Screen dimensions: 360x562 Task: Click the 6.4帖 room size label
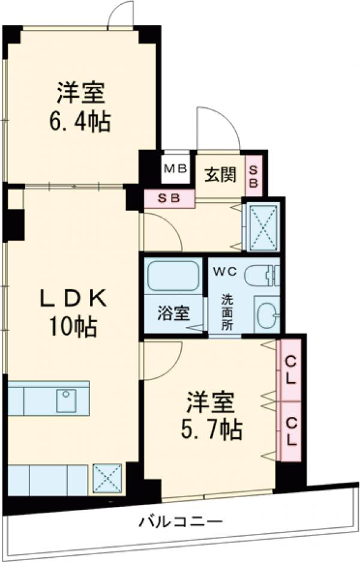click(80, 122)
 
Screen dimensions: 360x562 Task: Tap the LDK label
click(73, 299)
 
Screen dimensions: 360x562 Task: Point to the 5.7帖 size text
click(211, 429)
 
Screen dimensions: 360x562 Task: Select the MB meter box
click(175, 169)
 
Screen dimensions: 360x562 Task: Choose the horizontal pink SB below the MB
click(169, 199)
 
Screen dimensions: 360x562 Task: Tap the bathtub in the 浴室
click(173, 276)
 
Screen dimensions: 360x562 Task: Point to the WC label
click(225, 272)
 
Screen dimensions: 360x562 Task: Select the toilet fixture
click(262, 275)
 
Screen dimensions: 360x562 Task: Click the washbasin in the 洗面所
click(266, 314)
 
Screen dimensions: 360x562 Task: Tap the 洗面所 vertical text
click(227, 312)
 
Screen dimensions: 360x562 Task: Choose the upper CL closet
click(291, 370)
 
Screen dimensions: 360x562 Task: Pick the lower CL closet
click(291, 431)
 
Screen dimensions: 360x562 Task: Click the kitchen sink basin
click(67, 399)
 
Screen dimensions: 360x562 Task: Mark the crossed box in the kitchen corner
click(107, 478)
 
